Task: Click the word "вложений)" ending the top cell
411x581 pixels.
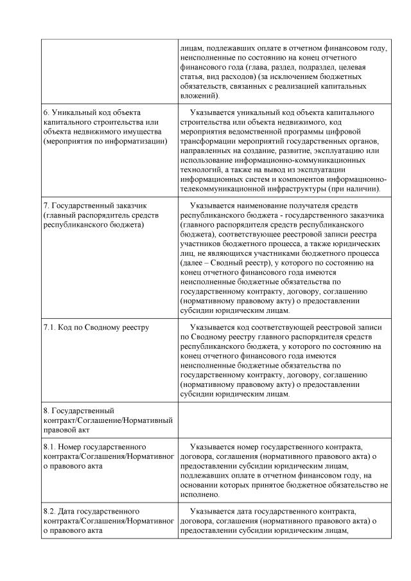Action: (199, 95)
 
